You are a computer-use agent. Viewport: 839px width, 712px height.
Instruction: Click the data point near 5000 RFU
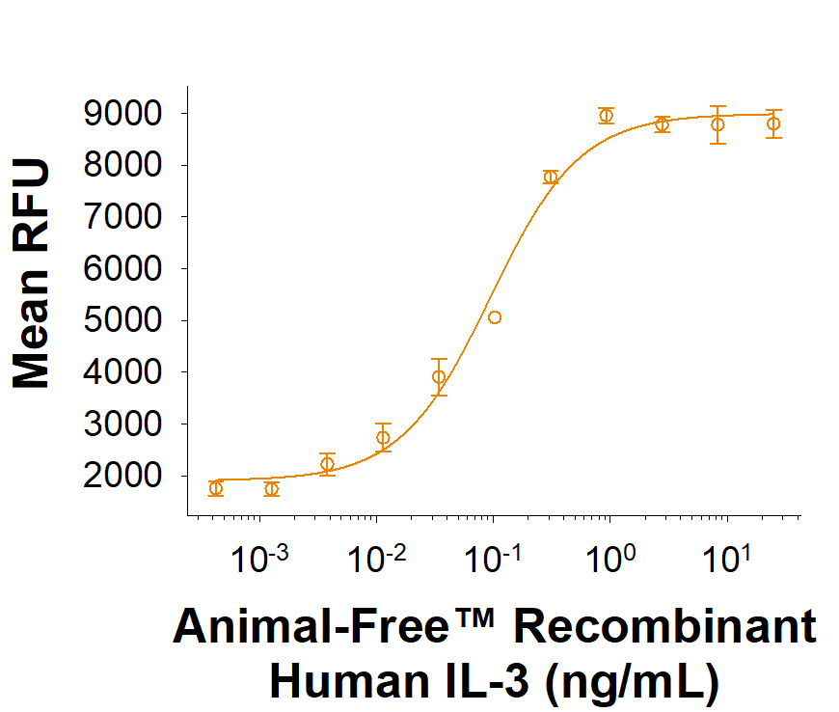(495, 317)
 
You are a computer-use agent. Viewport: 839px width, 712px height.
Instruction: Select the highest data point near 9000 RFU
(606, 116)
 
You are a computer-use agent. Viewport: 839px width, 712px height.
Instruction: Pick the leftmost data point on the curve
(216, 488)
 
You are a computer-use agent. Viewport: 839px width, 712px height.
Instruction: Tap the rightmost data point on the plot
(773, 123)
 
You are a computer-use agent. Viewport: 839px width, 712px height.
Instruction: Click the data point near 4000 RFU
(439, 377)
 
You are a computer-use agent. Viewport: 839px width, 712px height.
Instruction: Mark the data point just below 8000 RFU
(551, 177)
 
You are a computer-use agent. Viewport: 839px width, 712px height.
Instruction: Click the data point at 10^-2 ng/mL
(383, 438)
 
